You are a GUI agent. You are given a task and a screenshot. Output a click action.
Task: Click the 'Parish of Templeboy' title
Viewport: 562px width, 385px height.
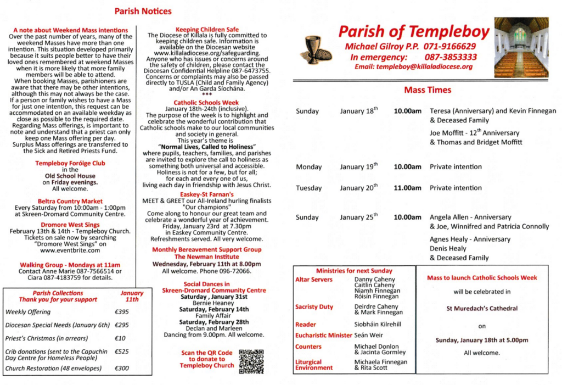pos(413,32)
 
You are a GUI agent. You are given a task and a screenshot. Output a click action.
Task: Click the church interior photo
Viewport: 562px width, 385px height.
pos(521,47)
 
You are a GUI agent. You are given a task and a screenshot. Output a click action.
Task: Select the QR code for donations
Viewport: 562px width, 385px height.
pos(251,361)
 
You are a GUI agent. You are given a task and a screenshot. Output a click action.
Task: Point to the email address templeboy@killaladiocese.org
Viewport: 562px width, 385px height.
pos(413,66)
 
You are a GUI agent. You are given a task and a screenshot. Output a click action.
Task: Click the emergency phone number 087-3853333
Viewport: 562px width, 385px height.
pos(451,57)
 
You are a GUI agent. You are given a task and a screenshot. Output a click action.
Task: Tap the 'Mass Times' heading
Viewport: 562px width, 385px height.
pos(427,90)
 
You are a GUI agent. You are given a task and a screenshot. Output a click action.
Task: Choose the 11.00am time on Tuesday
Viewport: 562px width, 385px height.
pos(407,188)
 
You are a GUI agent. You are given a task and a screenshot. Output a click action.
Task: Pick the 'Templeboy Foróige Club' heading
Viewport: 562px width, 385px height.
pos(70,163)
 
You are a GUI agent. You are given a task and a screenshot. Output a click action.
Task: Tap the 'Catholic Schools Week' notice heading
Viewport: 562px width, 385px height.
pos(206,102)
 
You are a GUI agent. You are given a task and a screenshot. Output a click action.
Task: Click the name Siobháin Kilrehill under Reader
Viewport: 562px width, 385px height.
pos(378,324)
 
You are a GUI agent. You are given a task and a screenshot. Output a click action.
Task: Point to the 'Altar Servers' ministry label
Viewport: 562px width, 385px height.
pos(314,280)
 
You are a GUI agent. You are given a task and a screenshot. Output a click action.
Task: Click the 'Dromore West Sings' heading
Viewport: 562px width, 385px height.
pos(70,225)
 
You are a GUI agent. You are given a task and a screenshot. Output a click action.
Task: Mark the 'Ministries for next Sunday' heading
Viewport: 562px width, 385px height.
pos(354,271)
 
